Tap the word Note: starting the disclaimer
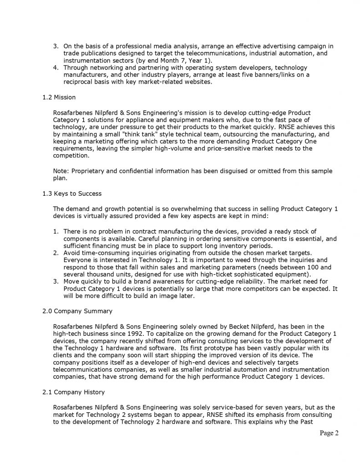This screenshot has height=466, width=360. click(61, 171)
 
